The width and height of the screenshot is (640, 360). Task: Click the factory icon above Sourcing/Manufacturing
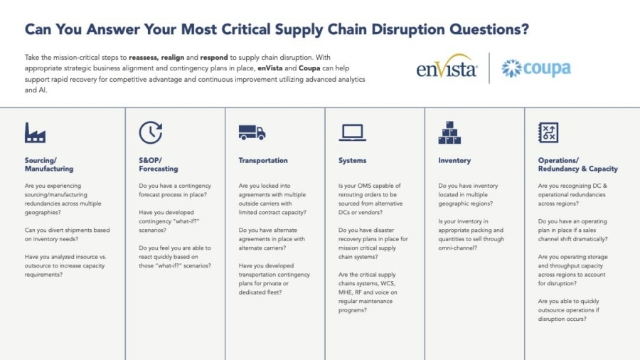coord(35,132)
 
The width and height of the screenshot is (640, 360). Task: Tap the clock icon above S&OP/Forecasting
coord(150,132)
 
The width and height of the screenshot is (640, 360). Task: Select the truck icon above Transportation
coord(252,132)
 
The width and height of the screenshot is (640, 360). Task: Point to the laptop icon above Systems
coord(352,132)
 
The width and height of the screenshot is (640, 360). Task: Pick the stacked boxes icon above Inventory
coord(449,132)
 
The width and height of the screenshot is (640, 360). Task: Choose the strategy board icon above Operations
coord(548,132)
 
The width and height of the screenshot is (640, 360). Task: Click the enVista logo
coord(447,68)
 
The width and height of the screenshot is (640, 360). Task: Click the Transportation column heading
coord(263,161)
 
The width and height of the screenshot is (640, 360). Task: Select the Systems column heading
coord(353,161)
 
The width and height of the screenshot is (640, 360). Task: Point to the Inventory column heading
coord(454,161)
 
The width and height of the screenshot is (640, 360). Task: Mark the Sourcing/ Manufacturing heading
coord(49,165)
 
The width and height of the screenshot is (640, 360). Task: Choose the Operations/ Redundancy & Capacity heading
coord(577,165)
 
